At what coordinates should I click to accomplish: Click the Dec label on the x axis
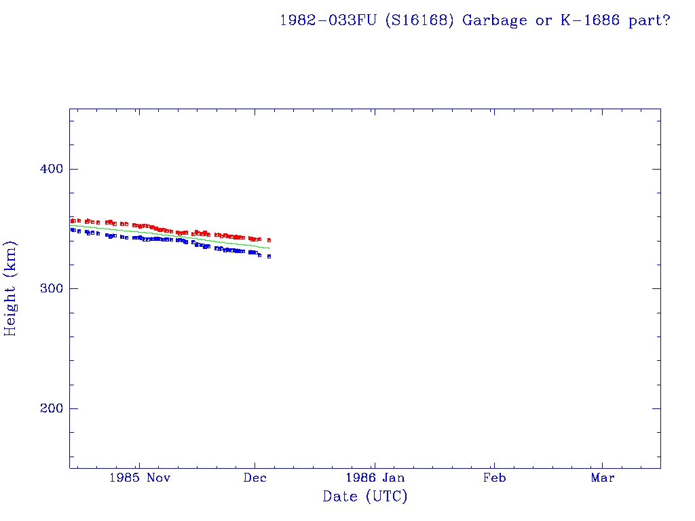255,478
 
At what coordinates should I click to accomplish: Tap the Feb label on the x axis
494,478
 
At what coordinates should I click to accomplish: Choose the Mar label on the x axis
603,478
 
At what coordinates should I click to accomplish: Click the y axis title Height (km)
11,288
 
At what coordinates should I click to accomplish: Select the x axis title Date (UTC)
365,497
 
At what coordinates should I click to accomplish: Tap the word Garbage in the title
495,20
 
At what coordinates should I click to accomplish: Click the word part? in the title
650,20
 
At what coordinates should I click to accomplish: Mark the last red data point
269,240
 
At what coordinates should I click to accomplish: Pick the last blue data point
269,256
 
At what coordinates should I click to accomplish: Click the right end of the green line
270,248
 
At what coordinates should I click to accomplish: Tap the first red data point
73,220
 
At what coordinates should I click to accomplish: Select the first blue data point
73,230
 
